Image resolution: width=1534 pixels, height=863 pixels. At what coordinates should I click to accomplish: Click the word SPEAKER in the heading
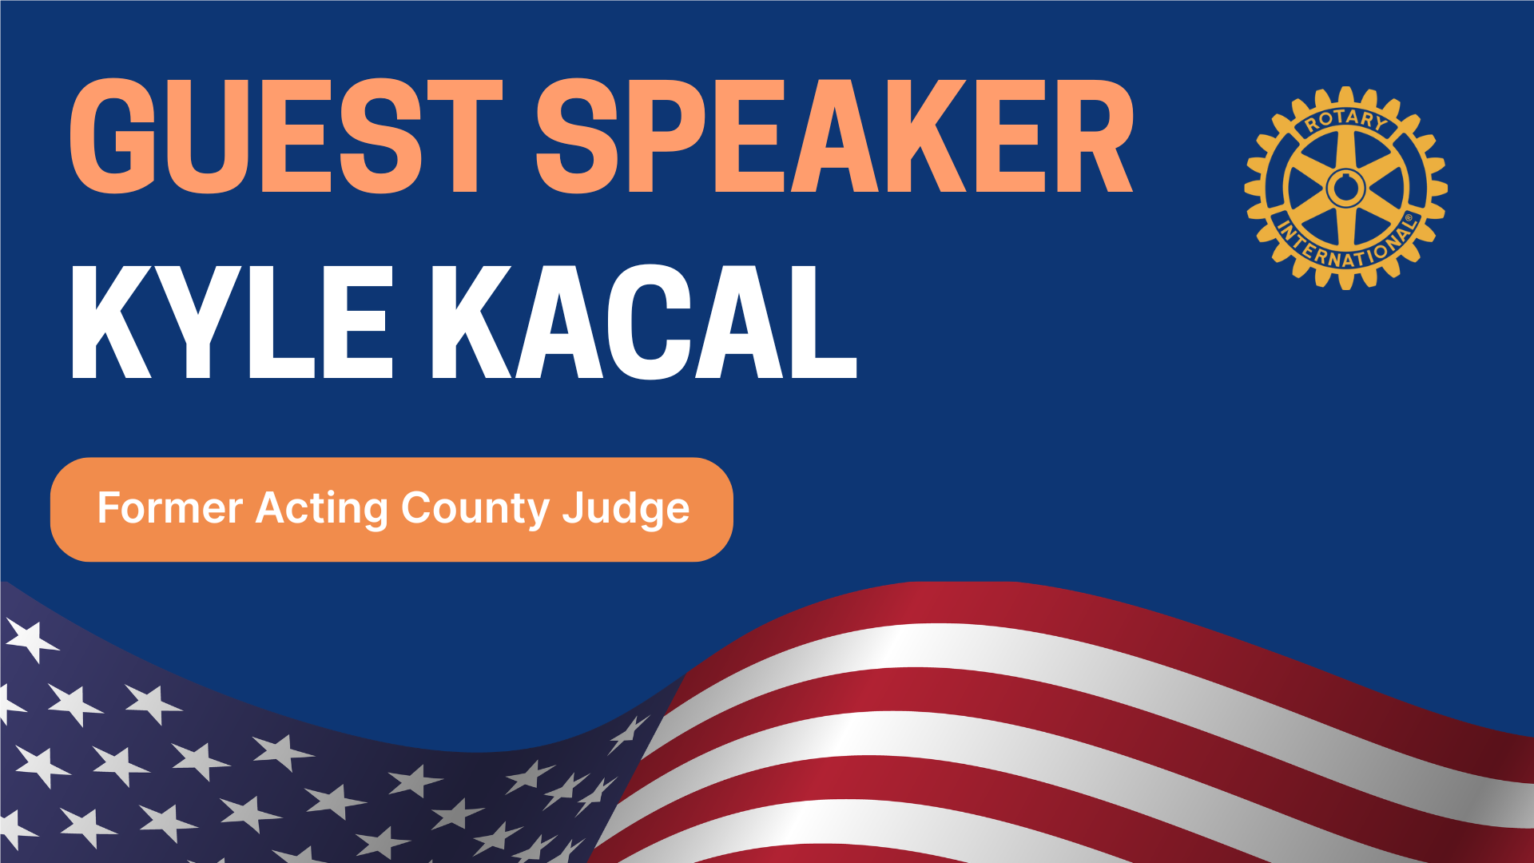pyautogui.click(x=835, y=136)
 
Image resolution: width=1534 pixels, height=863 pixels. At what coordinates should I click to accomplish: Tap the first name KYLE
pyautogui.click(x=232, y=322)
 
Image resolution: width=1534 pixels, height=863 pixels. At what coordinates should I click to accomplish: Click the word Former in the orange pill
pyautogui.click(x=169, y=508)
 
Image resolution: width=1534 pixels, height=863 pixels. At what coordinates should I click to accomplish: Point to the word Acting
pyautogui.click(x=322, y=510)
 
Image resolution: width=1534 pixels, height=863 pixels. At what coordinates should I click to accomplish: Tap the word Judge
pyautogui.click(x=626, y=510)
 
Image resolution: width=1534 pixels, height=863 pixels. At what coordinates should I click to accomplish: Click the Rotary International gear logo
pyautogui.click(x=1346, y=188)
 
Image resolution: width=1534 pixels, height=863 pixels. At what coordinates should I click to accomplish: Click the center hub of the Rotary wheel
pyautogui.click(x=1346, y=189)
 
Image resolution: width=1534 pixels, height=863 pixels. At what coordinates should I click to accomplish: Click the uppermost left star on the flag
pyautogui.click(x=30, y=640)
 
